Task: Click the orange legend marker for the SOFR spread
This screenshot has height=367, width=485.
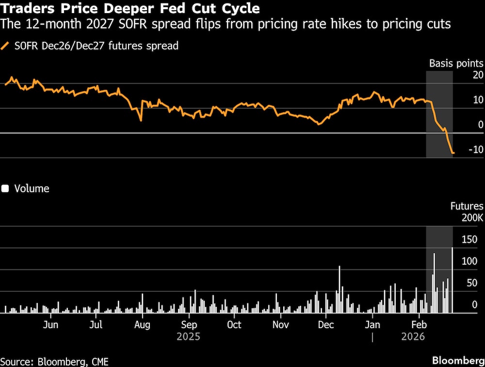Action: coord(6,46)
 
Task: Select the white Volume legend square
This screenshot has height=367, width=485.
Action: coord(6,189)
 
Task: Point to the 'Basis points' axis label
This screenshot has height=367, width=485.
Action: coord(456,64)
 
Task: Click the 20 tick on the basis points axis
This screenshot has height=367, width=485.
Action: coord(478,75)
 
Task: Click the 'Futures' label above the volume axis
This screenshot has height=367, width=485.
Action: coord(467,206)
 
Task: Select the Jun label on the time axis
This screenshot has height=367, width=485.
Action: coord(51,324)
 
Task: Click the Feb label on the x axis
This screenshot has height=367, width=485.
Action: coord(419,324)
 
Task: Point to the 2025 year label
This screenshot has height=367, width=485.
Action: coord(188,336)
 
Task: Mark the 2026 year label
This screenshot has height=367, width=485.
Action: coord(413,336)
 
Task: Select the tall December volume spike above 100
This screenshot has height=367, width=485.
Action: coord(339,289)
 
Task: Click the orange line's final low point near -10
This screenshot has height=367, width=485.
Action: coord(453,153)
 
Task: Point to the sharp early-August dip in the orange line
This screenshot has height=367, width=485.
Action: coord(141,120)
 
